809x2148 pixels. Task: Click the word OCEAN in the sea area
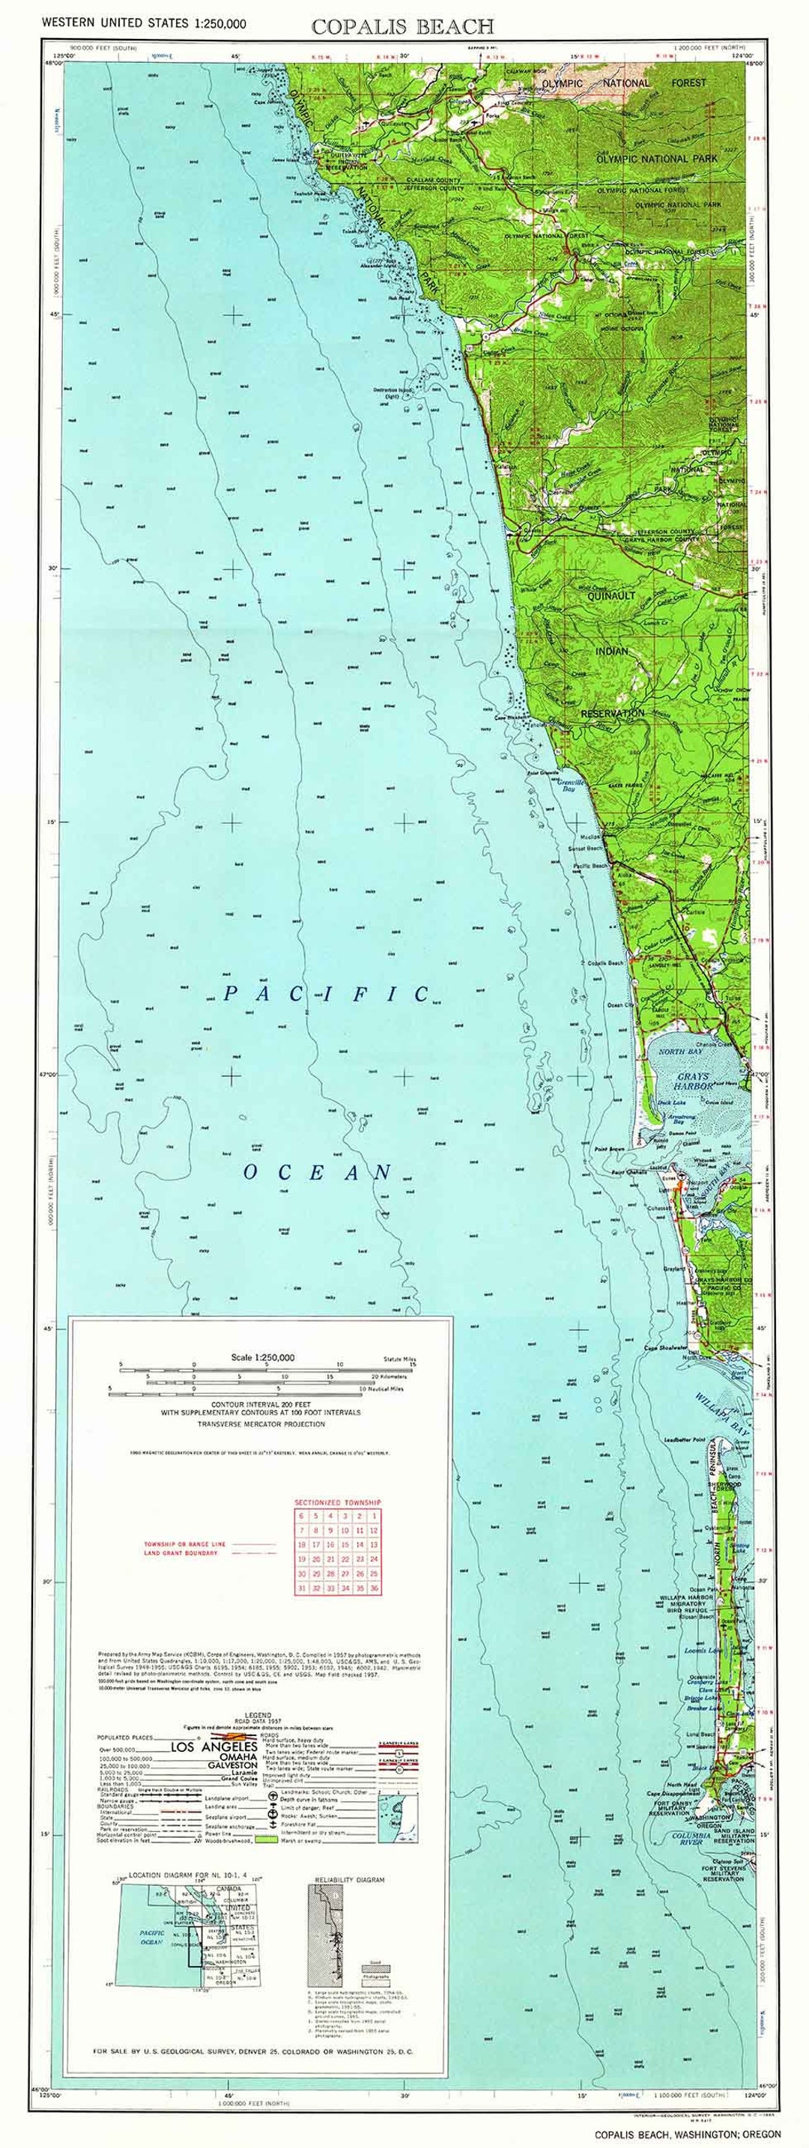tap(317, 1172)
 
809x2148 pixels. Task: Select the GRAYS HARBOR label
tap(694, 1081)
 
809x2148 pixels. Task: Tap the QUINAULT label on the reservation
tap(612, 595)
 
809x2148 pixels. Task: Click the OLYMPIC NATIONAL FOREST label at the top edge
tap(622, 83)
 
